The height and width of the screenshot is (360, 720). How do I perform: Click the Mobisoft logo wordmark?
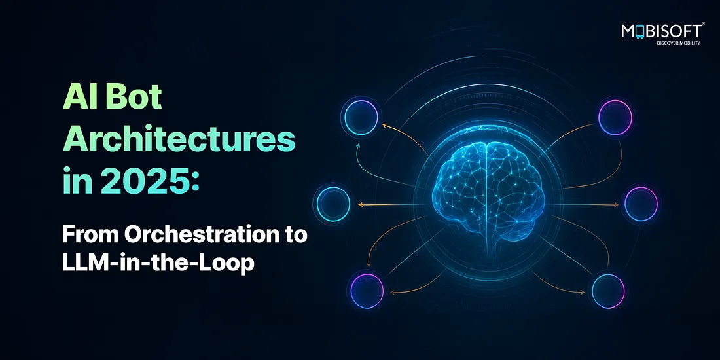662,31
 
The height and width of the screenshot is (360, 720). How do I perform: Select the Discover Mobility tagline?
679,43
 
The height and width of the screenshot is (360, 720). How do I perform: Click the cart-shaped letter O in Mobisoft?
640,31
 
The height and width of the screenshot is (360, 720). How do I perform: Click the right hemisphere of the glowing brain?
515,189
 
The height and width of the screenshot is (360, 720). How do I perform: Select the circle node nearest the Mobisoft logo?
616,118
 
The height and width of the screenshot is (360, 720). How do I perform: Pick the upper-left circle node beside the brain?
361,118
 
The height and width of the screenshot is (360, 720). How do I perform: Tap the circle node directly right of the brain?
641,203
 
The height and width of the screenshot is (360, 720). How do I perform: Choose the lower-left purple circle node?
367,291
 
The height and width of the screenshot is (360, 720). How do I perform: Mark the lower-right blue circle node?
608,291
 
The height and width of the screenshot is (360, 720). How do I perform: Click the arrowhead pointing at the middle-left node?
361,204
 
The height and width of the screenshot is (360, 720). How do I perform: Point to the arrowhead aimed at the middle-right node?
616,205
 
